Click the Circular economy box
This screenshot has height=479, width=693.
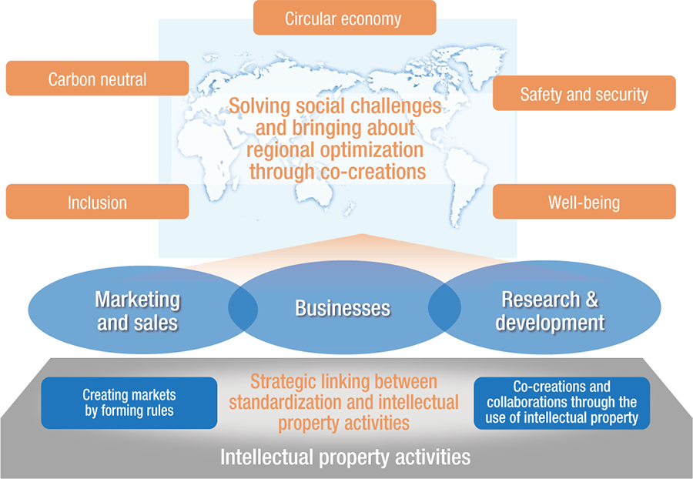click(344, 18)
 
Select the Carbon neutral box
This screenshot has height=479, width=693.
click(97, 79)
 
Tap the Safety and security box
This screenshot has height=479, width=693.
click(584, 94)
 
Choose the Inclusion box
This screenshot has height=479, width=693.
click(97, 203)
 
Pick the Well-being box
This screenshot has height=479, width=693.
click(584, 203)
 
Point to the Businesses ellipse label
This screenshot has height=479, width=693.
click(343, 310)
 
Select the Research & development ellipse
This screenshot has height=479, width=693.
click(550, 310)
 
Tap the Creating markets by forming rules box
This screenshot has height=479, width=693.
click(129, 403)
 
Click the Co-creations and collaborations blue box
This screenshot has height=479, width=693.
click(561, 403)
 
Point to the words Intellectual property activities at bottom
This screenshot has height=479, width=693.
click(345, 457)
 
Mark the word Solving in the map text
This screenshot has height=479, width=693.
click(261, 106)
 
